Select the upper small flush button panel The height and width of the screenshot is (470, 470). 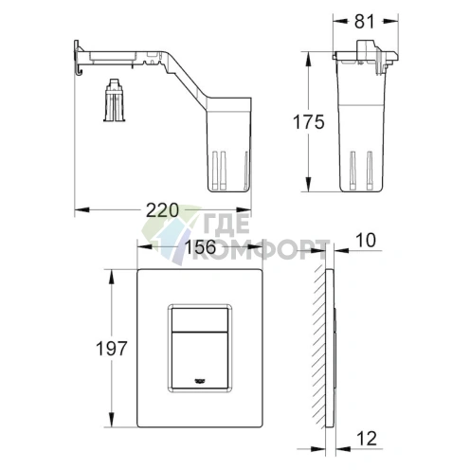(x=199, y=319)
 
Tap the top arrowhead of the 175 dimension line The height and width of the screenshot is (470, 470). (x=309, y=52)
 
